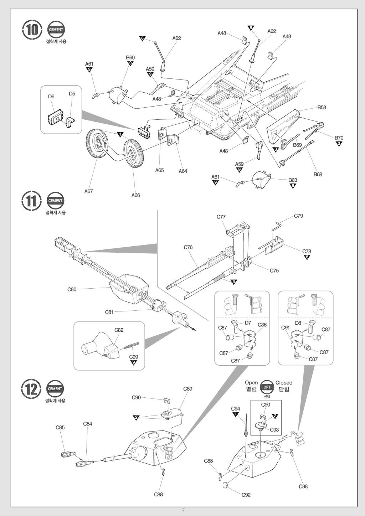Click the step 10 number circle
click(x=31, y=30)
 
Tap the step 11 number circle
click(x=31, y=201)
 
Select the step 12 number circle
click(x=31, y=389)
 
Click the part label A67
click(x=88, y=191)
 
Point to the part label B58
click(x=322, y=107)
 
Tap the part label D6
click(x=51, y=97)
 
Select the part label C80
click(x=72, y=289)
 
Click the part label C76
click(x=188, y=247)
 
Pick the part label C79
click(x=298, y=216)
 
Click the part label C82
click(x=119, y=330)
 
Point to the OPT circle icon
click(x=267, y=387)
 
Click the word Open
click(x=251, y=383)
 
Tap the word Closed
click(x=284, y=383)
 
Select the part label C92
click(x=246, y=495)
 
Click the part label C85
click(x=60, y=427)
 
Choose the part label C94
click(x=235, y=409)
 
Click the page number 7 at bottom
click(x=183, y=510)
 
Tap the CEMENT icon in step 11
click(x=55, y=201)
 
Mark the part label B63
click(x=293, y=180)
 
